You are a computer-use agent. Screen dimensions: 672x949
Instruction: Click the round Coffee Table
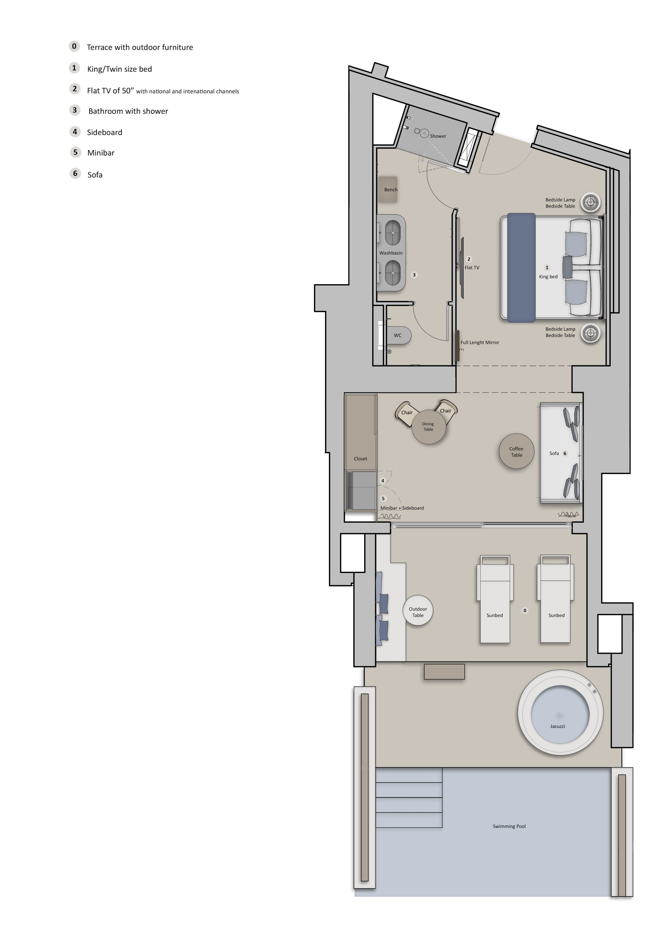pos(517,451)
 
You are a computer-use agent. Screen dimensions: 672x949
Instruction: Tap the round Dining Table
pos(429,427)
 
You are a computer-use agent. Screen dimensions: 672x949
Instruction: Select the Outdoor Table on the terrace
pos(418,610)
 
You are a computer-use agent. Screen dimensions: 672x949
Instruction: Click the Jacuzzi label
pos(558,726)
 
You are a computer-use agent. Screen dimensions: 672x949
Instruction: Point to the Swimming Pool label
pos(509,826)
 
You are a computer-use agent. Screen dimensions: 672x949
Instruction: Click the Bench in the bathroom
pos(388,189)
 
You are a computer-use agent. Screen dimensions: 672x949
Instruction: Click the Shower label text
pos(438,136)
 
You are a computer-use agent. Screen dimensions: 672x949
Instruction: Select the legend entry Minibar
pos(101,153)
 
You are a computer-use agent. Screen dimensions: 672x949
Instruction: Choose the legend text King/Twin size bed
pos(119,69)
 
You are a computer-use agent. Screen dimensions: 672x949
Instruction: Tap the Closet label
pos(360,459)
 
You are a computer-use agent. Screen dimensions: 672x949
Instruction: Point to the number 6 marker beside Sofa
pos(565,453)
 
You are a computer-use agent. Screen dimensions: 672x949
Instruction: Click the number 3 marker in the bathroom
pos(414,275)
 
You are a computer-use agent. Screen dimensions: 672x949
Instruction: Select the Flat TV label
pos(472,267)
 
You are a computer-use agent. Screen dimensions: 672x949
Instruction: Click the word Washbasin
pos(391,253)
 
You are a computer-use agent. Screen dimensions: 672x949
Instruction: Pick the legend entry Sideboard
pos(104,132)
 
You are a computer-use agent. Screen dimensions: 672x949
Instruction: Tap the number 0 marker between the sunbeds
pos(525,610)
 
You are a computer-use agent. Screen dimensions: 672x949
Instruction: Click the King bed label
pos(548,277)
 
